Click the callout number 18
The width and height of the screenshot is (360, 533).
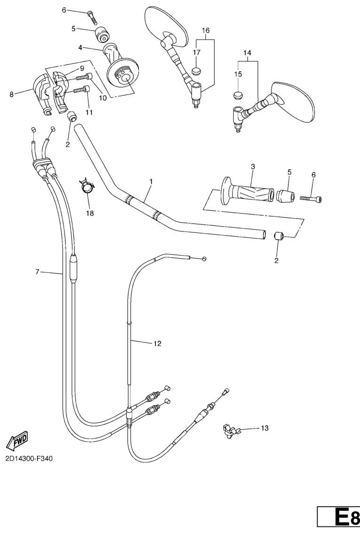pos(89,213)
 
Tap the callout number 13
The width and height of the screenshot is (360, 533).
pos(264,428)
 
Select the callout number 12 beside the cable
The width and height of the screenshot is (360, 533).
pos(157,344)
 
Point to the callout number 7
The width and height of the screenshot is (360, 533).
pos(39,272)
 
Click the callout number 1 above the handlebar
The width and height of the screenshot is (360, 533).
pos(151,181)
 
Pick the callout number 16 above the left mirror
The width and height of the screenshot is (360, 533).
pos(205,31)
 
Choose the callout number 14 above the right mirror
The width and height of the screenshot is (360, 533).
pos(248,53)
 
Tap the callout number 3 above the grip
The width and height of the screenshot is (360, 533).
pos(253,167)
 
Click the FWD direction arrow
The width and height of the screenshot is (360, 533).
pos(17,440)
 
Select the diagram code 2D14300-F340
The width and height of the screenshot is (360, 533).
pos(29,458)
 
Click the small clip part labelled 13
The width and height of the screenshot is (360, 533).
pos(229,430)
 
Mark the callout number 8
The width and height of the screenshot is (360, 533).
pos(11,94)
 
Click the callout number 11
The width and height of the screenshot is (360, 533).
pos(89,112)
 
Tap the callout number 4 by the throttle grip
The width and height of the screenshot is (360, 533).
pos(80,48)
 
